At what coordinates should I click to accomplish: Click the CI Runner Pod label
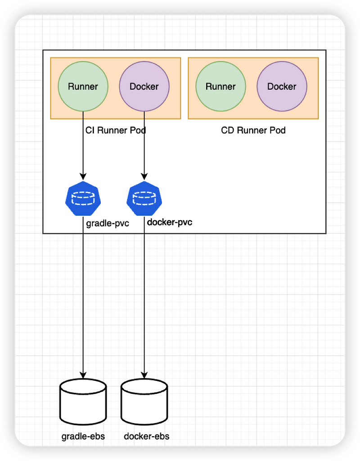[116, 131]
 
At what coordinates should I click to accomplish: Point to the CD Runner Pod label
[253, 131]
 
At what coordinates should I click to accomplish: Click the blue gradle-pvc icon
[82, 198]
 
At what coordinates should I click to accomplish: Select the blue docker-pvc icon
[144, 198]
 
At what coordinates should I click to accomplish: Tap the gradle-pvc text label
[108, 223]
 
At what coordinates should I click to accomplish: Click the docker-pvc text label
[170, 222]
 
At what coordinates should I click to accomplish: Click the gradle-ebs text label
[83, 436]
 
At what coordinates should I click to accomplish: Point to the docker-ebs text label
[147, 436]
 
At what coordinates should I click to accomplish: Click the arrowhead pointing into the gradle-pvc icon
[83, 176]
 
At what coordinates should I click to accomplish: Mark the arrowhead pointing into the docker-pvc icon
[144, 176]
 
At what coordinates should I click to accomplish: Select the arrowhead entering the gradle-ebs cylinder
[83, 375]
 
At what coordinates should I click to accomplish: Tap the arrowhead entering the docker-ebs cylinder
[144, 375]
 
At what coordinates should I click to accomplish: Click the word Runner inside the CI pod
[83, 86]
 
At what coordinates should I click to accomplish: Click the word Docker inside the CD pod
[282, 86]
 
